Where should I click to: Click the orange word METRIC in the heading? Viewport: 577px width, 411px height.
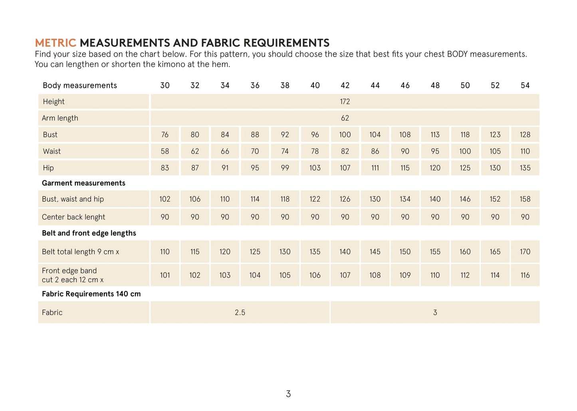coord(55,43)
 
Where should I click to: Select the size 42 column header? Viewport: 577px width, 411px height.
coord(345,85)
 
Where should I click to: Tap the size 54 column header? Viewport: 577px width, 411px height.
coord(525,85)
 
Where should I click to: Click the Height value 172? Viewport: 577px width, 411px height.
coord(345,102)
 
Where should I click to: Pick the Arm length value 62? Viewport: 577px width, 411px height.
coord(345,118)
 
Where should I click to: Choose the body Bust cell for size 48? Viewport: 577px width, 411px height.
coord(435,135)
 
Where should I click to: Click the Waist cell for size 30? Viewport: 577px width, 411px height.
coord(165,152)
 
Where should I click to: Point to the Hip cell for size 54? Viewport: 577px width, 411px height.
coord(525,168)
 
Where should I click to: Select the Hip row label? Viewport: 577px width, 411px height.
coord(48,168)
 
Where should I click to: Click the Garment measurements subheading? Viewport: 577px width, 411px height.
coord(83,183)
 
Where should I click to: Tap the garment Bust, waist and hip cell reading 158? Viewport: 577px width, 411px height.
coord(525,199)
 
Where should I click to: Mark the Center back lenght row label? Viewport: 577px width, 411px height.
coord(73,217)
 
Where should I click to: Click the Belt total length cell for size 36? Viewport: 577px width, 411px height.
coord(255,252)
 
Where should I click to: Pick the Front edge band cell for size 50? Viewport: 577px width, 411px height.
coord(465,275)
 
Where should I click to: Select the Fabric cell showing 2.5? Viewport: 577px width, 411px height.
coord(240,312)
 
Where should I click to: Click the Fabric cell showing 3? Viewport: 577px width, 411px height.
coord(435,312)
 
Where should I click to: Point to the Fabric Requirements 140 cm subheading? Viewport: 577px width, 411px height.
coord(91,294)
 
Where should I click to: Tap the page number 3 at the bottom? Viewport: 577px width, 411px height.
coord(288,394)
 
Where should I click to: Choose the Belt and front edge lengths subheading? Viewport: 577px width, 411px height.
coord(89,233)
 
